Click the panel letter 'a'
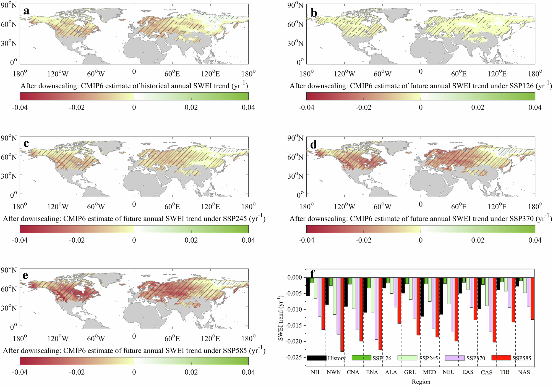[x=27, y=11]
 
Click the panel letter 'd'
[x=314, y=144]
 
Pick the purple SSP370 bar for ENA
[x=376, y=308]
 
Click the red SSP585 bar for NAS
[x=532, y=298]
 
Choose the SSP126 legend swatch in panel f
[x=361, y=358]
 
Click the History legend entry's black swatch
[x=317, y=358]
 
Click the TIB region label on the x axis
[x=505, y=372]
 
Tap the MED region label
[x=429, y=372]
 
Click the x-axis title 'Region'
[x=421, y=382]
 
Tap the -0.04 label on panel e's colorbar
[x=20, y=372]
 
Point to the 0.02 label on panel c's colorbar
[x=191, y=240]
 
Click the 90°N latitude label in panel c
[x=9, y=138]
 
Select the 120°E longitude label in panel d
[x=497, y=206]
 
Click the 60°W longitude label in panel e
[x=96, y=338]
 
